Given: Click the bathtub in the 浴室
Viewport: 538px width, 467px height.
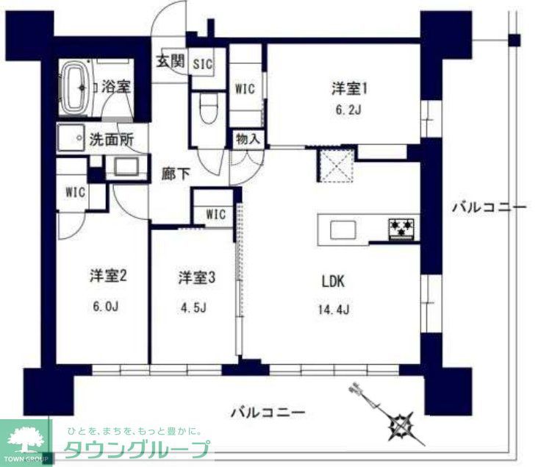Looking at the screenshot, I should click(76, 87).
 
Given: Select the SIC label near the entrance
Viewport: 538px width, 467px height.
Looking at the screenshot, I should click(203, 64).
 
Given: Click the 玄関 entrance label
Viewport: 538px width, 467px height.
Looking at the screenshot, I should click(169, 62).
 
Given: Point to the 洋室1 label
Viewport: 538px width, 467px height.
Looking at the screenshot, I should click(348, 89).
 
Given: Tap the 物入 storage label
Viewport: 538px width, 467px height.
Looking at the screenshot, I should click(247, 138).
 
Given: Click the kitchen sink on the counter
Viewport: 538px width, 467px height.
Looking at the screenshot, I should click(343, 230).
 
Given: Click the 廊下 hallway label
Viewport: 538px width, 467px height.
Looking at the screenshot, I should click(176, 174).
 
